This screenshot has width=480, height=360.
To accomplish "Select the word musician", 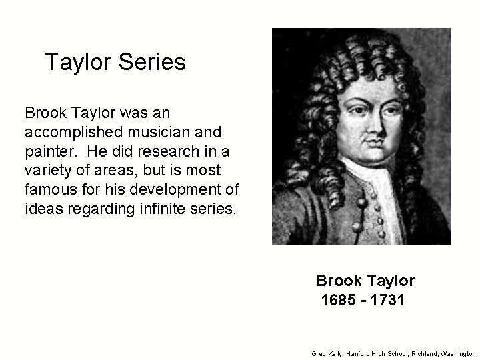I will [165, 129].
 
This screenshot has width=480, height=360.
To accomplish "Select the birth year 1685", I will [339, 301].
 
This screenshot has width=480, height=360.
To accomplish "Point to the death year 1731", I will [388, 301].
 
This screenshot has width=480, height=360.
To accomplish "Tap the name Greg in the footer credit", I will [318, 353].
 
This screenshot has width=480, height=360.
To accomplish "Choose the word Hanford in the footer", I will [355, 353].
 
